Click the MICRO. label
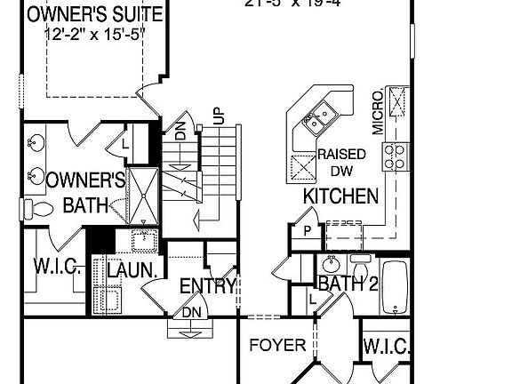(x=378, y=112)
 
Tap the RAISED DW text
(x=342, y=162)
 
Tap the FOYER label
(x=277, y=345)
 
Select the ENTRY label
(x=207, y=286)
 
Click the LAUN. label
(x=132, y=269)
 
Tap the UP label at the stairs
(x=217, y=116)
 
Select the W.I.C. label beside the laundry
(x=58, y=268)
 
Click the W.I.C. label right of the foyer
(x=386, y=345)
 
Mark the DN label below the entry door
(x=189, y=313)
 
